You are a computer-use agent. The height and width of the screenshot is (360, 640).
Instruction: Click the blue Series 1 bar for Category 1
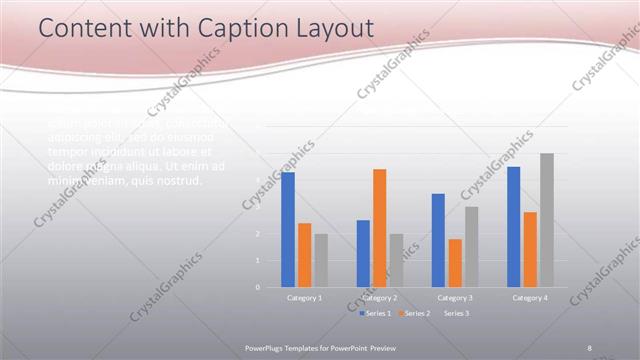(x=288, y=230)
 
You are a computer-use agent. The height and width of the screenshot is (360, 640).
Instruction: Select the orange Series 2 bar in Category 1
(x=304, y=255)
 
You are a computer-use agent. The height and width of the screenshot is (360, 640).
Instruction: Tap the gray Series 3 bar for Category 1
(x=321, y=260)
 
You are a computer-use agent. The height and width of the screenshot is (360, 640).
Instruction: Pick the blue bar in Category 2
(x=363, y=253)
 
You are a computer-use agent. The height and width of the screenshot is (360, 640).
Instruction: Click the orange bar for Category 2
(x=379, y=228)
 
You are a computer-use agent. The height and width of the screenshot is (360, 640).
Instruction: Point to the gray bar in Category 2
(x=396, y=260)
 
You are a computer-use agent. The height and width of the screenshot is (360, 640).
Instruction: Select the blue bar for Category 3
(x=438, y=240)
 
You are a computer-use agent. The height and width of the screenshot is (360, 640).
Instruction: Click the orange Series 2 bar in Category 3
(x=455, y=263)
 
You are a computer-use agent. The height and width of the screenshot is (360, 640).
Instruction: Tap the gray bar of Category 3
(x=471, y=247)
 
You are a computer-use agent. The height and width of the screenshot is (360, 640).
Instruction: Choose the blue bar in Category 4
(x=514, y=227)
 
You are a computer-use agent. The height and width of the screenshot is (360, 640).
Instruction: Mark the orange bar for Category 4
(x=530, y=249)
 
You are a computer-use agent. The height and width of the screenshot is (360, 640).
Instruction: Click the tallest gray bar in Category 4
(x=547, y=220)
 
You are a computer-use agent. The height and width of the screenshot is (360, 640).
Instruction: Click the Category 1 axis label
(x=305, y=298)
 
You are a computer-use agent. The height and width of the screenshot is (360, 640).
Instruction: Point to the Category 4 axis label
(x=530, y=298)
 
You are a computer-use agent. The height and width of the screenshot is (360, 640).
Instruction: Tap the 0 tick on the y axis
(x=258, y=287)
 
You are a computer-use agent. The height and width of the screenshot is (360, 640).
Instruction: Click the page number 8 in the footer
(x=589, y=347)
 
